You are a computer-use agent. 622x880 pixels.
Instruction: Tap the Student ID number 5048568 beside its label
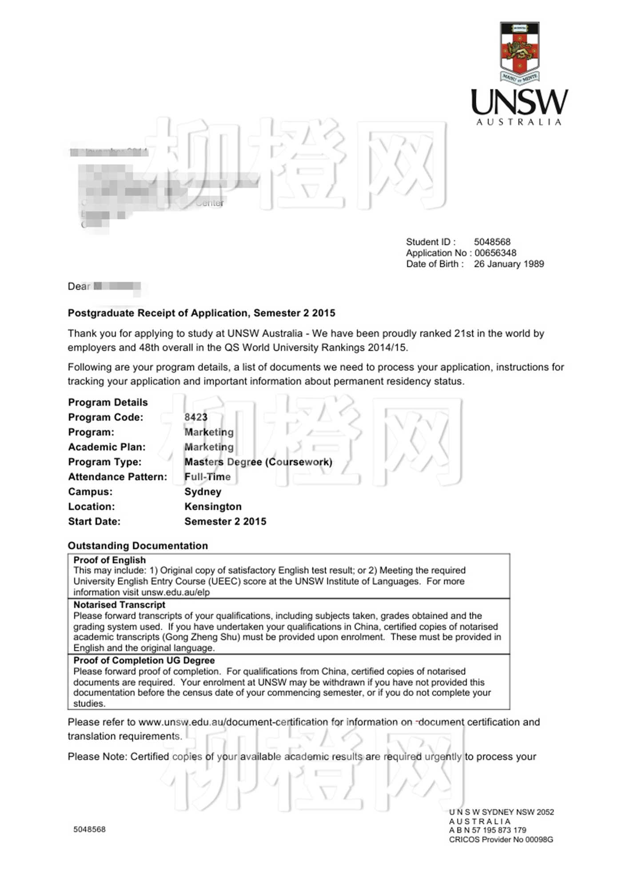point(492,242)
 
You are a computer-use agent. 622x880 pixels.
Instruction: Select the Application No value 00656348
point(495,253)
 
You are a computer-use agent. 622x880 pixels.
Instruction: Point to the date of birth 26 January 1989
point(509,264)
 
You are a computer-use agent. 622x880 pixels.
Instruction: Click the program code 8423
point(196,417)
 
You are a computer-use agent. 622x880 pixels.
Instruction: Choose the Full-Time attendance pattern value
point(207,476)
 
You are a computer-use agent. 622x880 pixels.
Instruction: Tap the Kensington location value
point(213,506)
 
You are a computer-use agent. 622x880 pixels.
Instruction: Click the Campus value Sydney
point(203,492)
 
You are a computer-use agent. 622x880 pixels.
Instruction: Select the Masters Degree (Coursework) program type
point(258,462)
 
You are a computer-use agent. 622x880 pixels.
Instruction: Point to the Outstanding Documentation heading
point(138,545)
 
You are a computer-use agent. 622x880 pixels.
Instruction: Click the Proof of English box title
point(109,560)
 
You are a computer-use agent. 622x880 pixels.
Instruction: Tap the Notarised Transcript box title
point(119,604)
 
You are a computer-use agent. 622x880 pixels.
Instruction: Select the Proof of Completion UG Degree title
point(144,660)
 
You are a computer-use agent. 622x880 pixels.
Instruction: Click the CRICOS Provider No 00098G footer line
point(501,840)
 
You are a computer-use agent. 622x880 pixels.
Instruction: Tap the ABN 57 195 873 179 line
point(487,830)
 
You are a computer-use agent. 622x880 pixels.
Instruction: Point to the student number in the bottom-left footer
point(89,829)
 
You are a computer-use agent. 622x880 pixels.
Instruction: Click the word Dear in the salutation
point(79,286)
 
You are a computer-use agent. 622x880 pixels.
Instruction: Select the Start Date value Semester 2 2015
point(225,521)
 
